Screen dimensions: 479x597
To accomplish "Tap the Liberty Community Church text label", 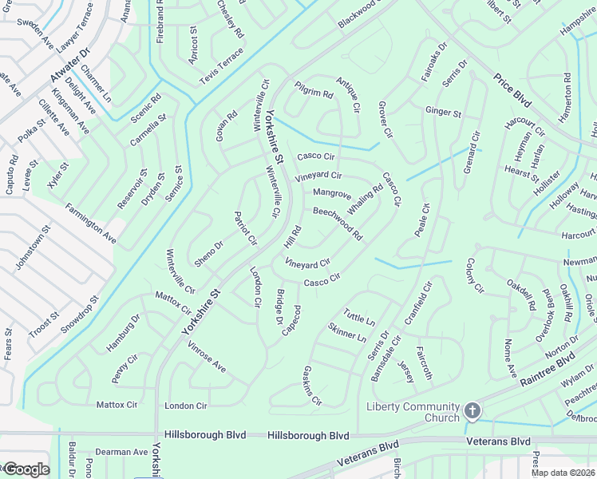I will click(x=413, y=412).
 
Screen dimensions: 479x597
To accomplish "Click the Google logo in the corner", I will click(x=26, y=469).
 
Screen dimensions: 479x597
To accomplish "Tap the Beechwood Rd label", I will click(x=338, y=224).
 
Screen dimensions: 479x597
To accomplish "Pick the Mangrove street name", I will click(x=332, y=193).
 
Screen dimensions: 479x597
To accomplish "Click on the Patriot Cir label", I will click(x=245, y=228).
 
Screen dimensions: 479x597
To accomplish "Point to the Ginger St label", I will click(x=443, y=113).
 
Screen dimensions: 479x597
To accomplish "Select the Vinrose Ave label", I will click(x=206, y=355).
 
